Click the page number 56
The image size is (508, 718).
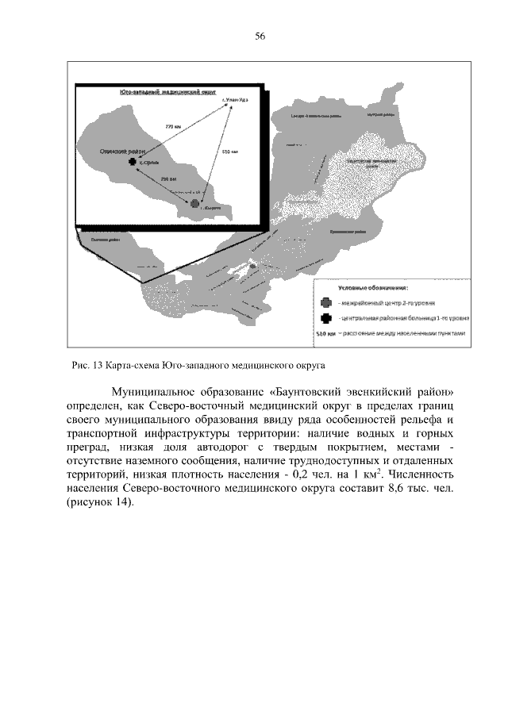(x=260, y=36)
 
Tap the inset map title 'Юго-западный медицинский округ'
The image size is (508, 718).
(x=167, y=92)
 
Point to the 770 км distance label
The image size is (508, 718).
(x=173, y=126)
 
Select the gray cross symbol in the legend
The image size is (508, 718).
(x=325, y=302)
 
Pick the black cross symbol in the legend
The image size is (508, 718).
(x=325, y=318)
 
